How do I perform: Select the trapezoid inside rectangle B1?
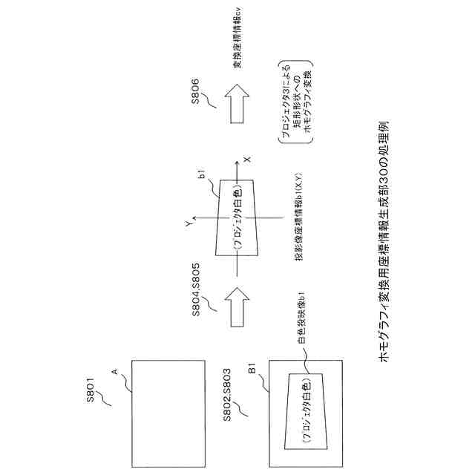tap(305, 407)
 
